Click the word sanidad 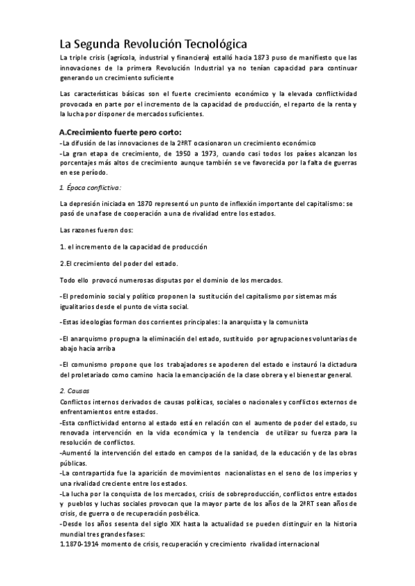252,453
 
